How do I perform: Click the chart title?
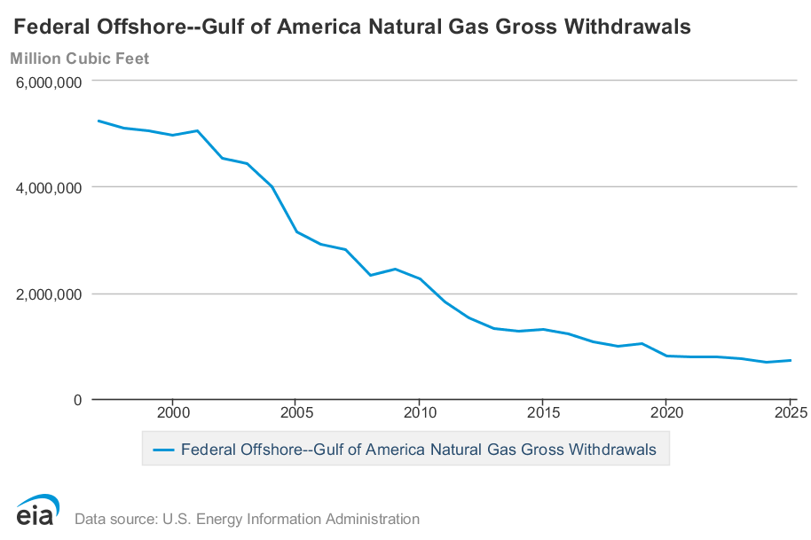[351, 27]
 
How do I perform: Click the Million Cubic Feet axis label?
[80, 59]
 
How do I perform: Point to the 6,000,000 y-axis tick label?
[49, 82]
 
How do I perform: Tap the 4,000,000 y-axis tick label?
[49, 188]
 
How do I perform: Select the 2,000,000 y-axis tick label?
[49, 294]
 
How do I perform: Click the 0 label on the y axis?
[77, 400]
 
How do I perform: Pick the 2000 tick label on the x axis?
[173, 412]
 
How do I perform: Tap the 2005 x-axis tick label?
[296, 412]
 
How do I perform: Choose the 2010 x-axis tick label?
[420, 412]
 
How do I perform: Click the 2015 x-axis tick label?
[543, 412]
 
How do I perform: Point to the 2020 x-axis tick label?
[666, 412]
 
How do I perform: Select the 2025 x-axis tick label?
[791, 412]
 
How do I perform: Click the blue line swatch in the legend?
[163, 450]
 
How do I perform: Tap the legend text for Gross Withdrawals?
[419, 450]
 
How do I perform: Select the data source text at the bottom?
[248, 519]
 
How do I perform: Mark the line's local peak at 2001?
[198, 130]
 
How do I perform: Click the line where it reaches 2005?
[296, 231]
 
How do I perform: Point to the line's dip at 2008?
[371, 275]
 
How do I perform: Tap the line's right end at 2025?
[791, 360]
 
